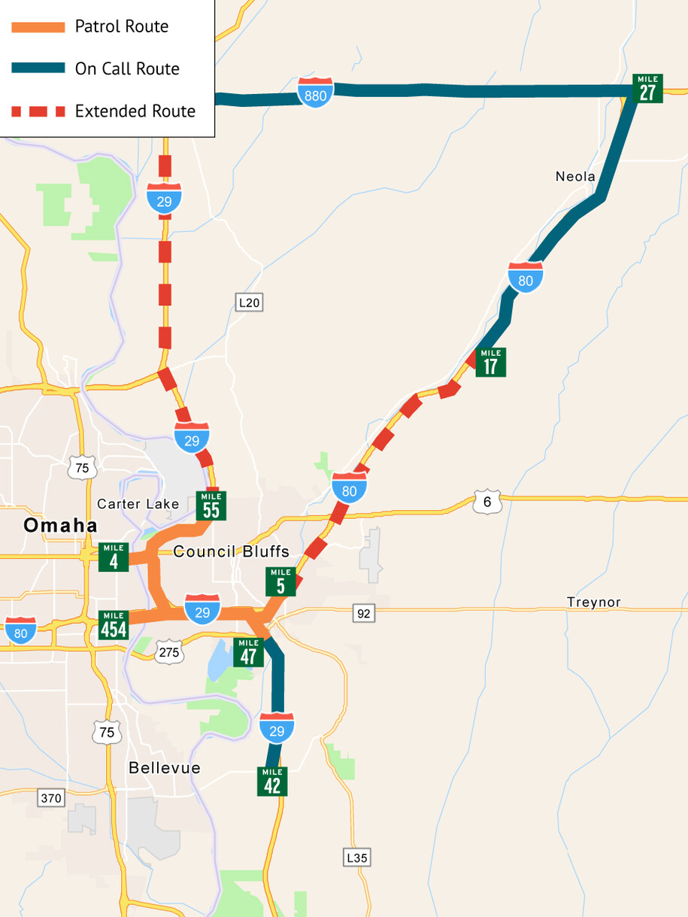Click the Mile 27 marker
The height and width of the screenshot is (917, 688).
pyautogui.click(x=647, y=89)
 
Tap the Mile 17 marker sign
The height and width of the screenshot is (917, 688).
pyautogui.click(x=490, y=362)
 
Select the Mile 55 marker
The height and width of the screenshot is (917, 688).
pyautogui.click(x=211, y=506)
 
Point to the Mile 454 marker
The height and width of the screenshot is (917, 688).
pyautogui.click(x=114, y=625)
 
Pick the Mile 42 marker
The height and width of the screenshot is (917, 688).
pyautogui.click(x=272, y=782)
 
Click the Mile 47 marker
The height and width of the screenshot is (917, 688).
pyautogui.click(x=249, y=652)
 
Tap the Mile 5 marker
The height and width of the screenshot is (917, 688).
pyautogui.click(x=280, y=581)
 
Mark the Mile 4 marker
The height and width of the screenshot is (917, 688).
pyautogui.click(x=114, y=557)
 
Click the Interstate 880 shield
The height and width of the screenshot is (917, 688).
pyautogui.click(x=316, y=92)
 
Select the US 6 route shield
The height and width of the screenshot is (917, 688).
pyautogui.click(x=487, y=501)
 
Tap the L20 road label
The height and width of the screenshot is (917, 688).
pyautogui.click(x=249, y=302)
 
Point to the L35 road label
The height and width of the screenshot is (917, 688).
pyautogui.click(x=358, y=857)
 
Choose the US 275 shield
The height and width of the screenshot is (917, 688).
pyautogui.click(x=169, y=651)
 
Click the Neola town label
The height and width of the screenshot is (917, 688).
pyautogui.click(x=575, y=177)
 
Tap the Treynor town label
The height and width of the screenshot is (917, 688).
pyautogui.click(x=594, y=603)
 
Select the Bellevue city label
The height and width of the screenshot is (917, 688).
pyautogui.click(x=165, y=768)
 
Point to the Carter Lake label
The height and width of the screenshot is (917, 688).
pyautogui.click(x=138, y=504)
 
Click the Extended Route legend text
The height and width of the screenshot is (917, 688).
pyautogui.click(x=135, y=111)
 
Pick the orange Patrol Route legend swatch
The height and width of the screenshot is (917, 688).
pyautogui.click(x=38, y=27)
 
